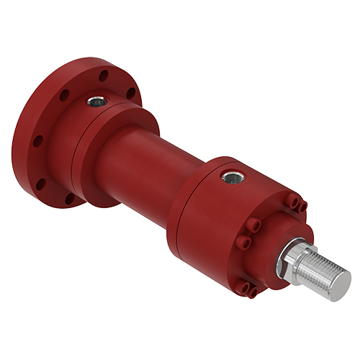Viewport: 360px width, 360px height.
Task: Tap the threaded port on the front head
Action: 232,175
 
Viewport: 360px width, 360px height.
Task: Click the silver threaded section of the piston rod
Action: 320,277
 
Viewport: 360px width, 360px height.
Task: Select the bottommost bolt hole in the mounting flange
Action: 68,197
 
